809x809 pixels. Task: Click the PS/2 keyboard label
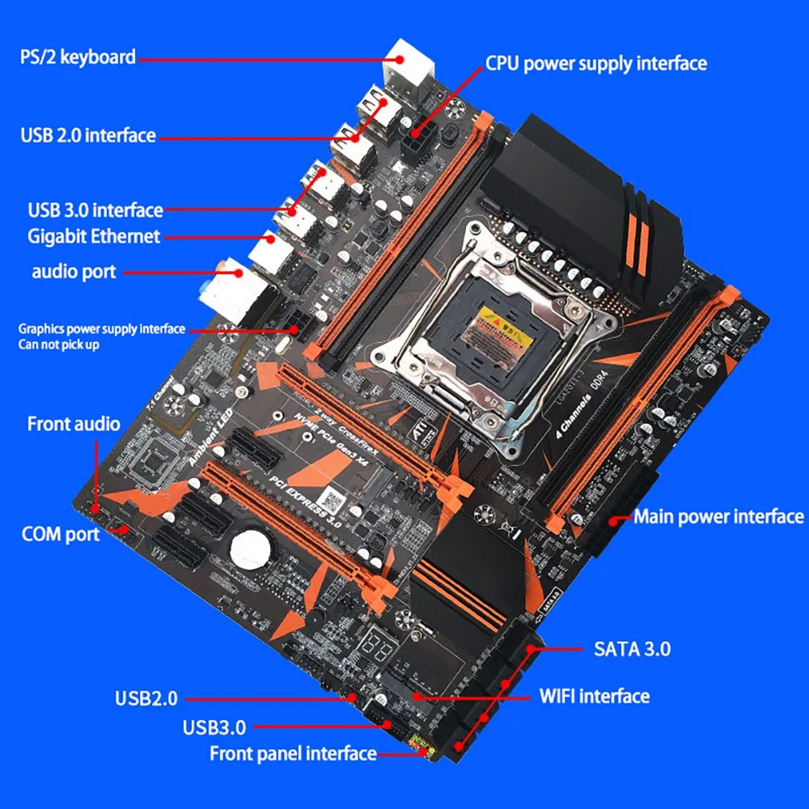point(77,57)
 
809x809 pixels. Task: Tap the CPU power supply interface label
point(595,63)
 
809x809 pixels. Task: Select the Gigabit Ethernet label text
point(94,236)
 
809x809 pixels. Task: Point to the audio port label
point(74,271)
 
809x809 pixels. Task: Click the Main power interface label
point(718,516)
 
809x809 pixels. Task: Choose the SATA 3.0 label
point(632,648)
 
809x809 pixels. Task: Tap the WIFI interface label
point(594,696)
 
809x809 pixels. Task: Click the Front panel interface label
point(293,754)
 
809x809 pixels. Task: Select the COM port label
point(61,534)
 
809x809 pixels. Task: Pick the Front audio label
point(74,424)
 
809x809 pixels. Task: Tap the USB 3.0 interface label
point(95,210)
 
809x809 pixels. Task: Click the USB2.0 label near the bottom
point(146,697)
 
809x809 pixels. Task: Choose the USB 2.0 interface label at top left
point(87,134)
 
